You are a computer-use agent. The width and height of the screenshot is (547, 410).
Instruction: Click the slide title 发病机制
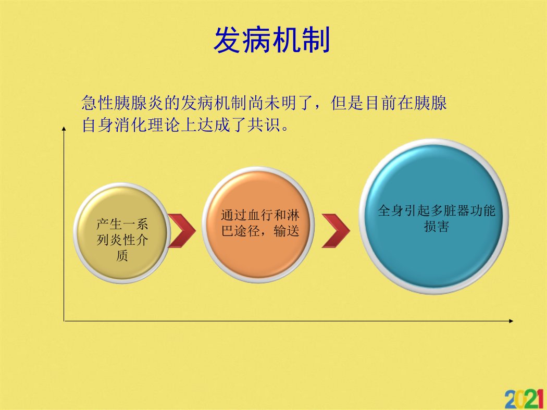[x=272, y=40]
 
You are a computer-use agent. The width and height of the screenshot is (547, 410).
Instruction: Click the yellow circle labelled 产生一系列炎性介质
[x=122, y=233]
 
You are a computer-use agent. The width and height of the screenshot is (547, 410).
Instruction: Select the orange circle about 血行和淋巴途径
[x=258, y=225]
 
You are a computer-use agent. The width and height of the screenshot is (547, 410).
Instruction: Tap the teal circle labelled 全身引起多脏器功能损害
[x=434, y=216]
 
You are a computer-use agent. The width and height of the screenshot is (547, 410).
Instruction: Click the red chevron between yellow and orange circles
[x=182, y=231]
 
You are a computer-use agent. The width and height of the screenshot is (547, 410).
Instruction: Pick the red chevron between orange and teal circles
[x=335, y=231]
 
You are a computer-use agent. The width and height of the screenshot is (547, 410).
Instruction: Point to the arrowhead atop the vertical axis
[x=64, y=129]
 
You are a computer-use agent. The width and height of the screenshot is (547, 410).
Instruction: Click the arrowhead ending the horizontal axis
[x=511, y=321]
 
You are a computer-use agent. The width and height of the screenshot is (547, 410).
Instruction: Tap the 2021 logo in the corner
[x=525, y=399]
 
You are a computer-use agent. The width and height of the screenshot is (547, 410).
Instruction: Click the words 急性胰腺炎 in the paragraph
[x=122, y=103]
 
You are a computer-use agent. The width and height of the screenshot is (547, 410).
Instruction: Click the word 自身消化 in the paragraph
[x=115, y=125]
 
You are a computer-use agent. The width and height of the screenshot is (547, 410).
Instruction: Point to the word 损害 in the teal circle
[x=437, y=226]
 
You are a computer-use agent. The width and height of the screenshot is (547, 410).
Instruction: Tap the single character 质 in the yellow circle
[x=122, y=255]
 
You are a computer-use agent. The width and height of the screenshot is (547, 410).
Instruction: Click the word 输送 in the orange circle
[x=287, y=231]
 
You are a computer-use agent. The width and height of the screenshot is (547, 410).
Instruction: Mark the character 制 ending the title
[x=316, y=40]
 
